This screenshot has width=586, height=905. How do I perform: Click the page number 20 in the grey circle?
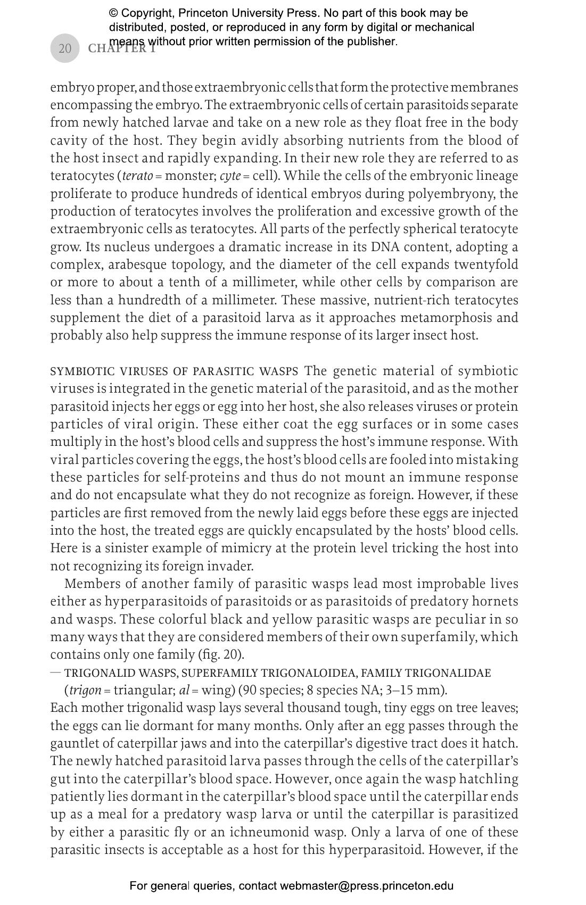(x=64, y=48)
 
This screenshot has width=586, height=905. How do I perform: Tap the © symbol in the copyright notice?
(x=113, y=13)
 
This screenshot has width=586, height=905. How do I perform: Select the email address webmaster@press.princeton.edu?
(x=367, y=886)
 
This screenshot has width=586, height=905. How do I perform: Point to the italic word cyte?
(x=229, y=176)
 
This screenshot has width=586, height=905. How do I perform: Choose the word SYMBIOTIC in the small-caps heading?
(x=82, y=371)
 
